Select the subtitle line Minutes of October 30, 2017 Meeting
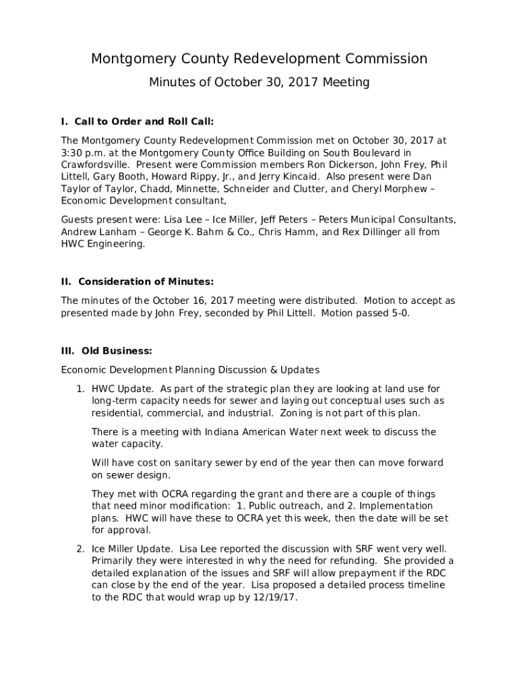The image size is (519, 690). click(259, 83)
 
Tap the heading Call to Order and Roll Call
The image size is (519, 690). click(144, 122)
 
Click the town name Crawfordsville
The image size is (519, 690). click(94, 165)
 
